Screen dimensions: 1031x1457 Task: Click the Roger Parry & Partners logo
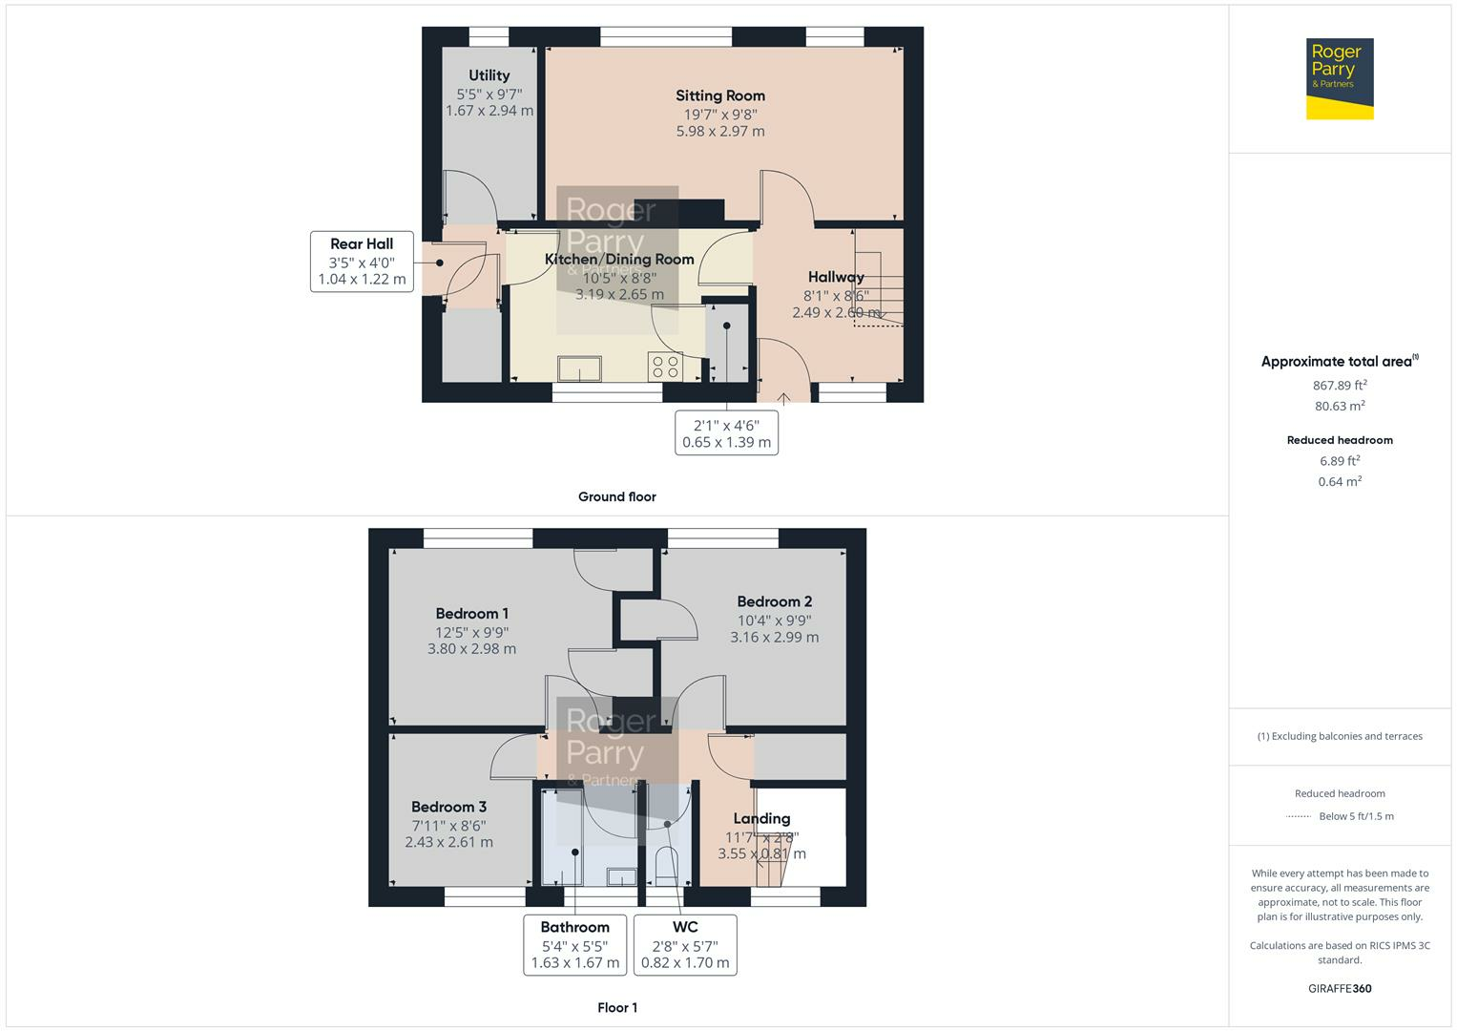(x=1340, y=78)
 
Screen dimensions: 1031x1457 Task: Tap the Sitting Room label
(x=720, y=95)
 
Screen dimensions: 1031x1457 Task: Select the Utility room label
(x=489, y=75)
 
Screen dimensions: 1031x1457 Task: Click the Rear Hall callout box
(x=362, y=262)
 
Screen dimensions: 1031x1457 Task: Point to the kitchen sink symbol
(x=580, y=368)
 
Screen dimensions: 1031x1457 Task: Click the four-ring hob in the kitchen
(x=664, y=367)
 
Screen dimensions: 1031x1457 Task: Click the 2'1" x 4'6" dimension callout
(x=726, y=433)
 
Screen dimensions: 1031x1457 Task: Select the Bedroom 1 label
(x=472, y=614)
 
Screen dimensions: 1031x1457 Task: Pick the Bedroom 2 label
(x=775, y=601)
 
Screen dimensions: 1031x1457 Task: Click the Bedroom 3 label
(x=448, y=807)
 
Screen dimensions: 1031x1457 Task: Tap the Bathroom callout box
(x=574, y=945)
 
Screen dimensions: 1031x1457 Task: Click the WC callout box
(x=685, y=945)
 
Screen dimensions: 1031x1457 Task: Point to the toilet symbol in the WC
(x=665, y=864)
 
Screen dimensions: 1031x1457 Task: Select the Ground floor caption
(x=617, y=496)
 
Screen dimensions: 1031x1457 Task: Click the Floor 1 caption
(x=617, y=1007)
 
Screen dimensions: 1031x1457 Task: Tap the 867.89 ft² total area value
(x=1340, y=386)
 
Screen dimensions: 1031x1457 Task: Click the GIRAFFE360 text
(x=1340, y=988)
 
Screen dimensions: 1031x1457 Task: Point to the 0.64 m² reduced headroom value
(x=1340, y=482)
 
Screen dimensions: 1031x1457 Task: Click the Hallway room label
(x=836, y=277)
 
